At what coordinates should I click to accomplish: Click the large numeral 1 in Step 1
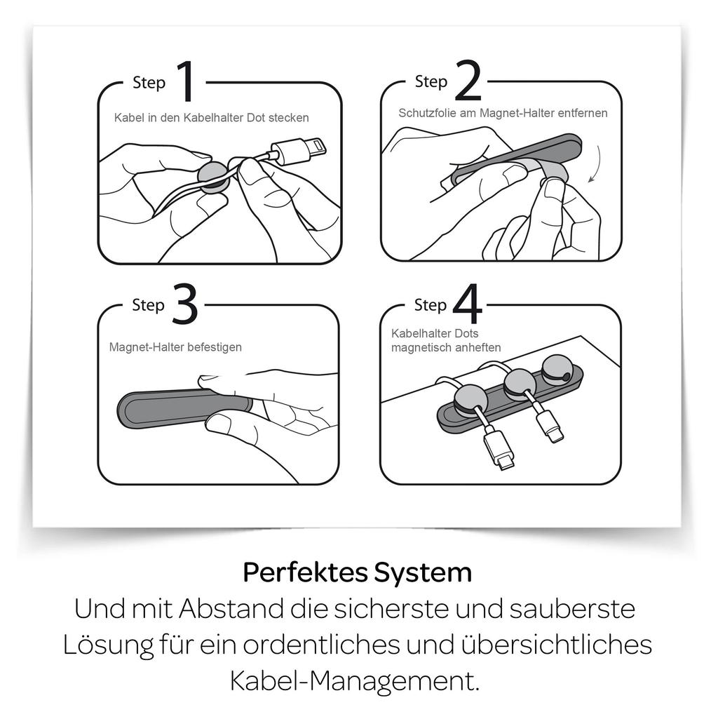(x=187, y=81)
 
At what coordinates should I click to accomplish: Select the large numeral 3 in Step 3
(x=185, y=304)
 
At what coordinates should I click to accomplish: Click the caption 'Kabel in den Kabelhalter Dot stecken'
(x=212, y=118)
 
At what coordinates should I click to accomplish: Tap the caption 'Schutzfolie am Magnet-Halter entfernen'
(x=503, y=113)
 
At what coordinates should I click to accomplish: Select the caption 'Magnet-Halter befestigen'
(x=175, y=347)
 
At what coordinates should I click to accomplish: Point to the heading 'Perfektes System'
(x=357, y=572)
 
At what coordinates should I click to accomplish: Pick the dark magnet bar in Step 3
(x=184, y=408)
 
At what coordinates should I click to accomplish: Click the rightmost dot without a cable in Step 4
(x=556, y=369)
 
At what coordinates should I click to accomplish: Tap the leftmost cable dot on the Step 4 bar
(x=471, y=401)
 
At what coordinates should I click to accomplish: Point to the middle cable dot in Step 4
(x=520, y=384)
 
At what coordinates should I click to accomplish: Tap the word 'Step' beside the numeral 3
(x=148, y=305)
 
